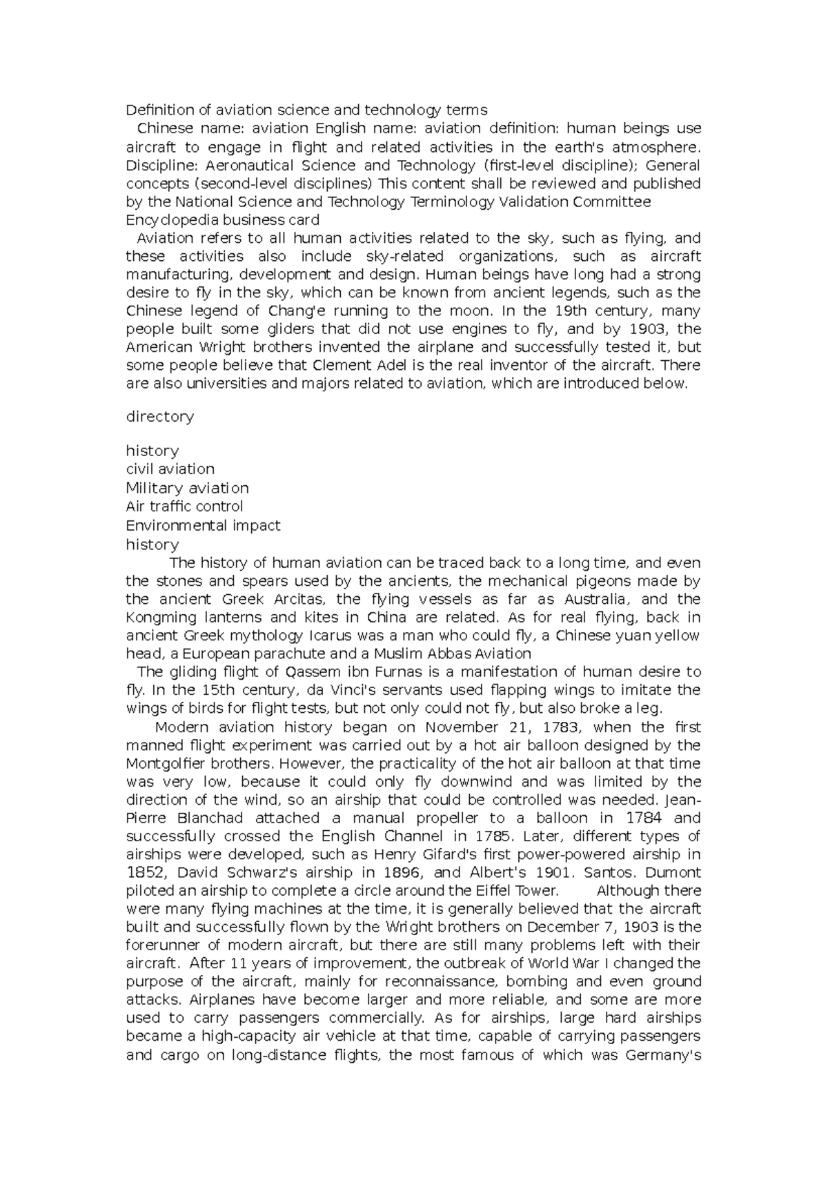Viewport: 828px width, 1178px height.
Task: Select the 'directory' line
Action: (x=159, y=417)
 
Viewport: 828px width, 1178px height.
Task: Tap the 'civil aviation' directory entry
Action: (x=170, y=469)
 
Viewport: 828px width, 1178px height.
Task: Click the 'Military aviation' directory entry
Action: (x=187, y=488)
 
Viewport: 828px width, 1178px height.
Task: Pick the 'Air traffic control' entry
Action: (x=184, y=507)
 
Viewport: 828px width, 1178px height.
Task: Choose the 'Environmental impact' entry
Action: (x=203, y=525)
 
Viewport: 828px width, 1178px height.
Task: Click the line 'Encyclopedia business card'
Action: (x=222, y=220)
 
